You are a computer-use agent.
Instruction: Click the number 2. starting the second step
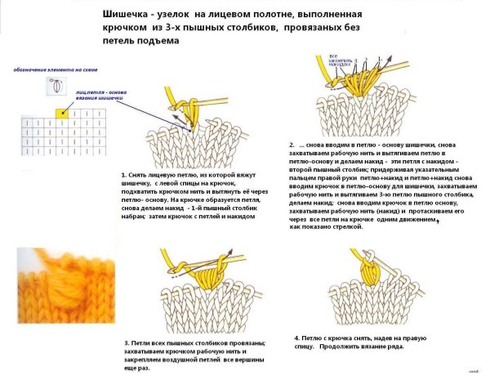pos(292,145)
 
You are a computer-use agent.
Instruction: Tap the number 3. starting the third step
pos(127,342)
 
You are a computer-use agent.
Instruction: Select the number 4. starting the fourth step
pos(296,338)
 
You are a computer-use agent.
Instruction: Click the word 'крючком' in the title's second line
pos(124,27)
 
